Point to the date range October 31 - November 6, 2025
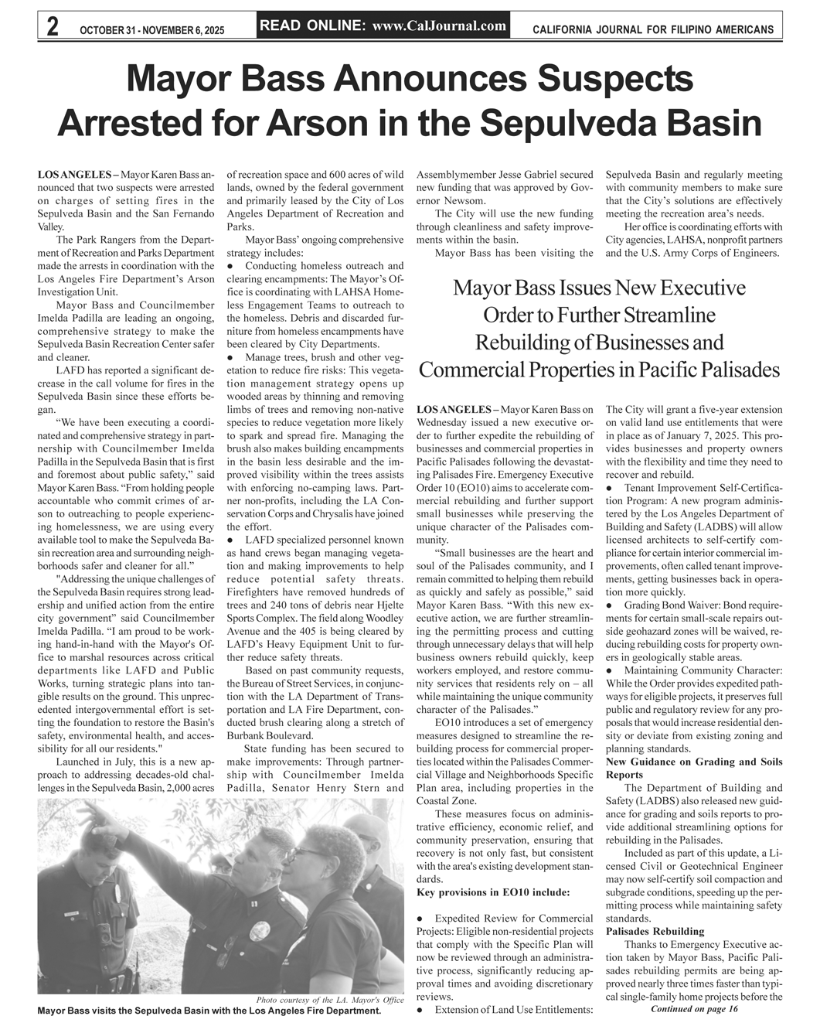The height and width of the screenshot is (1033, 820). [x=151, y=30]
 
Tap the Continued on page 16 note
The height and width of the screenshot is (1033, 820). [x=695, y=1009]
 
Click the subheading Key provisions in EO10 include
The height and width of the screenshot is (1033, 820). [x=493, y=892]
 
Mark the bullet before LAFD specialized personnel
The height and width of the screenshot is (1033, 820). [x=230, y=538]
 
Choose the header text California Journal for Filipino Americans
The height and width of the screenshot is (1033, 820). [x=653, y=30]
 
